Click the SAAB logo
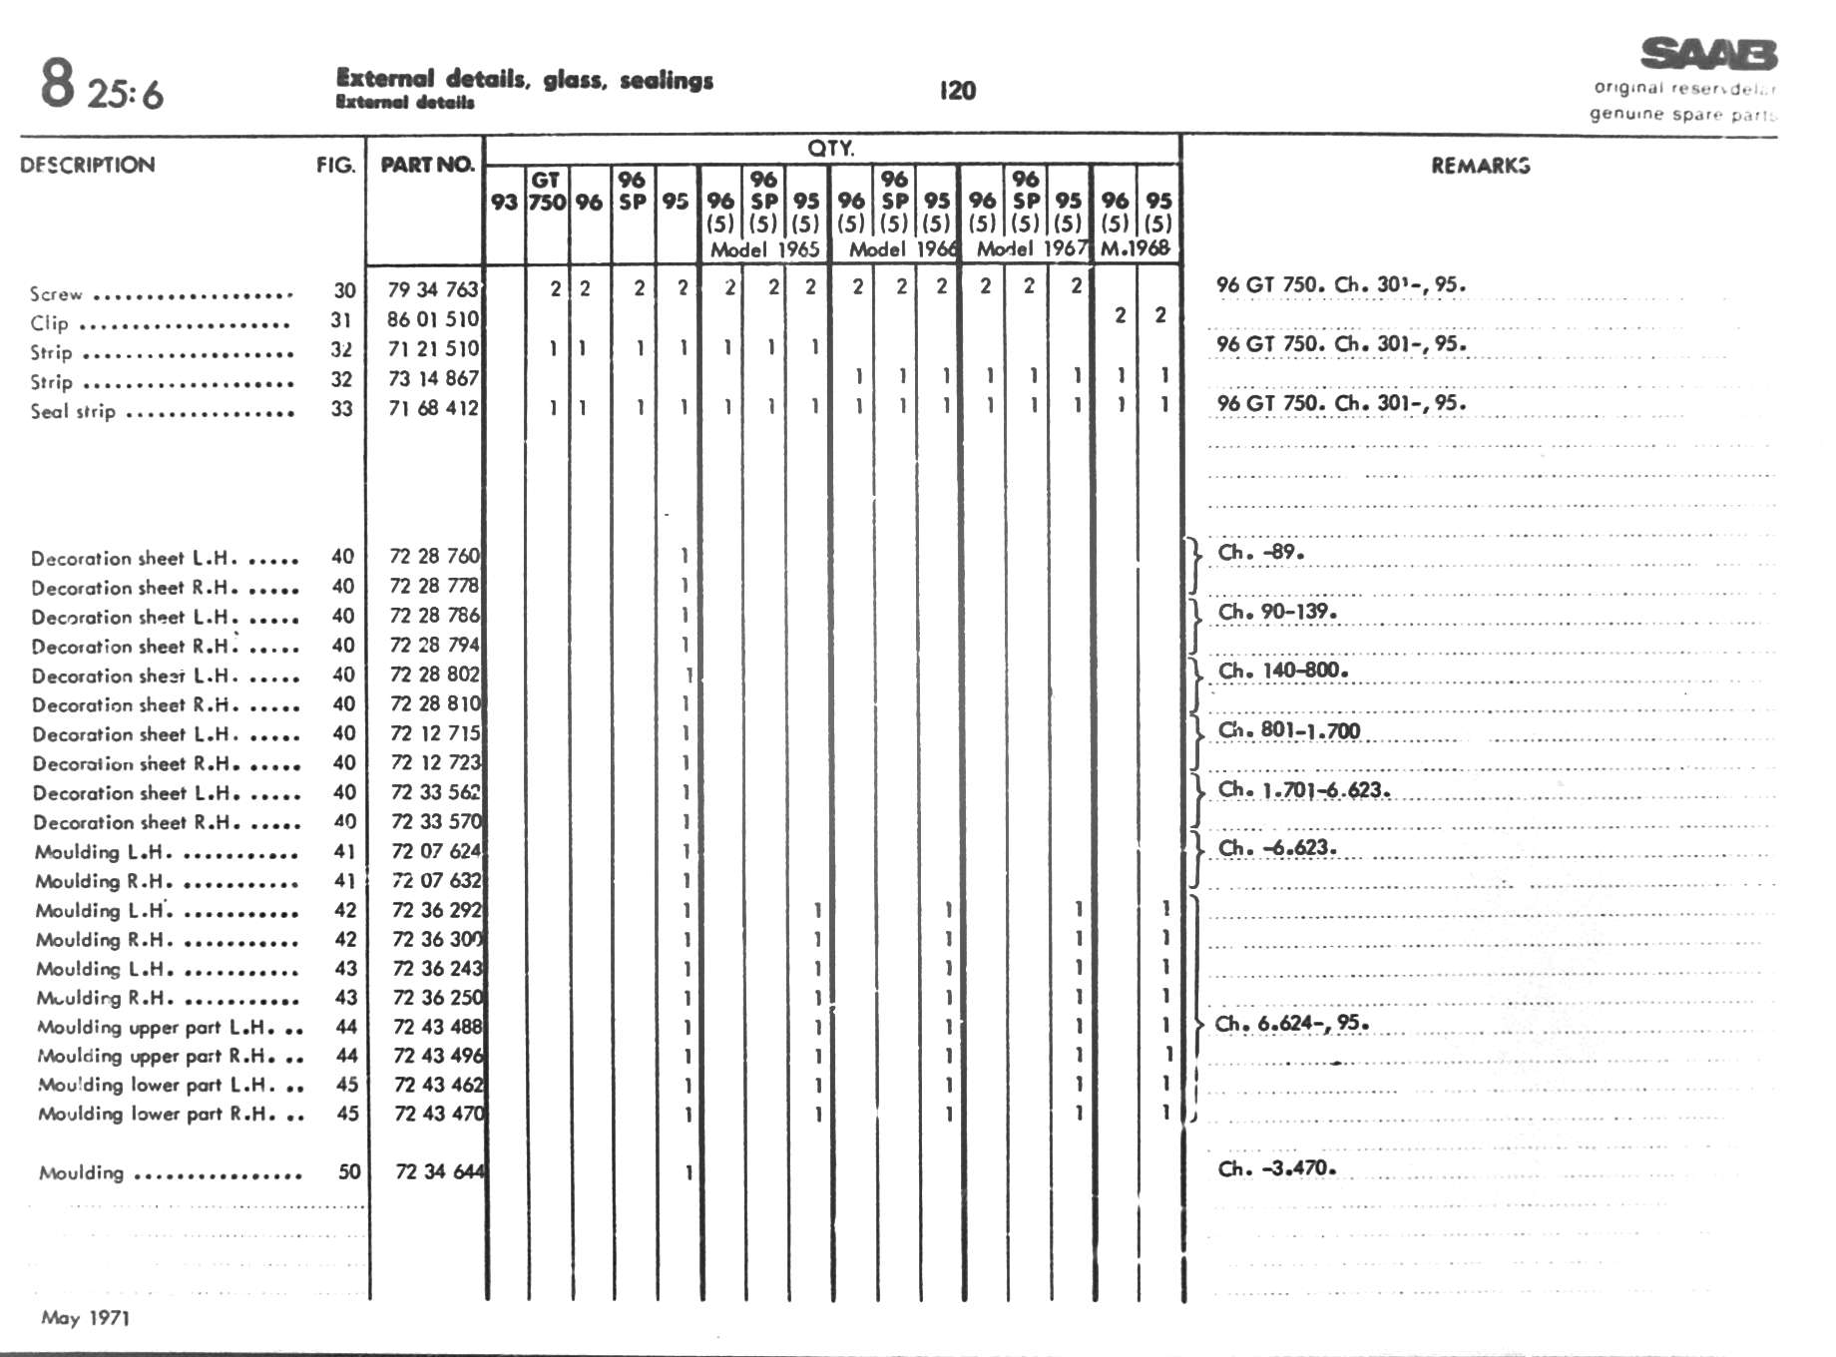(1708, 54)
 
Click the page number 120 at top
(957, 91)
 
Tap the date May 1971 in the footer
(86, 1317)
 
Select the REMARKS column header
(1480, 166)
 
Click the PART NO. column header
(427, 165)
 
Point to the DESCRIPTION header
(88, 165)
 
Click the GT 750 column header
(547, 191)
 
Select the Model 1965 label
(764, 249)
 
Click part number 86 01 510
(434, 319)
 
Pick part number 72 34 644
(439, 1171)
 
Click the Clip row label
(50, 323)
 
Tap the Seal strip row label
(73, 411)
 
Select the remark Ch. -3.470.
(1276, 1167)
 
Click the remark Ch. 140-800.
(1283, 671)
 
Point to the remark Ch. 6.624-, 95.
(1291, 1023)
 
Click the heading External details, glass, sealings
(525, 79)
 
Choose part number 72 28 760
(435, 556)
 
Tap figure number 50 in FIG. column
(348, 1171)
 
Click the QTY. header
(830, 149)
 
